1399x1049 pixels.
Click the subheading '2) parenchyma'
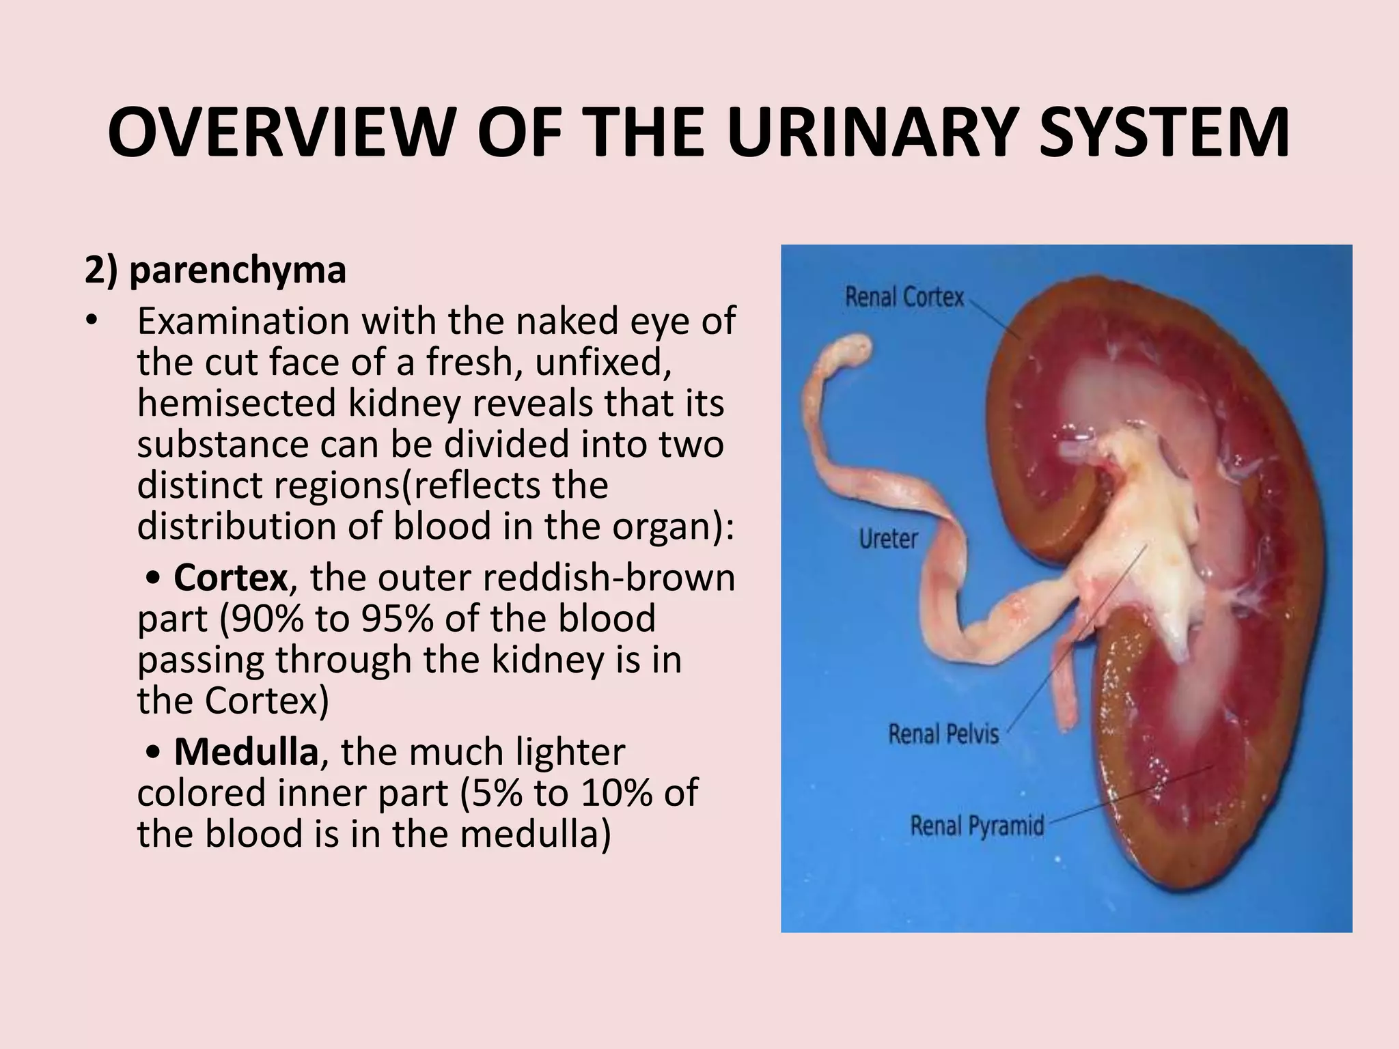coord(215,270)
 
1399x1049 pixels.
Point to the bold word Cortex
coord(230,578)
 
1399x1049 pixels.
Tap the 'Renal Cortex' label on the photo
coord(904,297)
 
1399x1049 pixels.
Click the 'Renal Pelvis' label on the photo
coord(943,734)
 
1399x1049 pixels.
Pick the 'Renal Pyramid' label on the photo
coord(977,826)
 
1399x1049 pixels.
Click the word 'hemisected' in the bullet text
coord(236,403)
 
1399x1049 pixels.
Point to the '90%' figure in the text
coord(263,619)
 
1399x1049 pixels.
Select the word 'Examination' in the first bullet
coord(243,321)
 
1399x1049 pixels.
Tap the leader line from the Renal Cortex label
coord(995,318)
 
